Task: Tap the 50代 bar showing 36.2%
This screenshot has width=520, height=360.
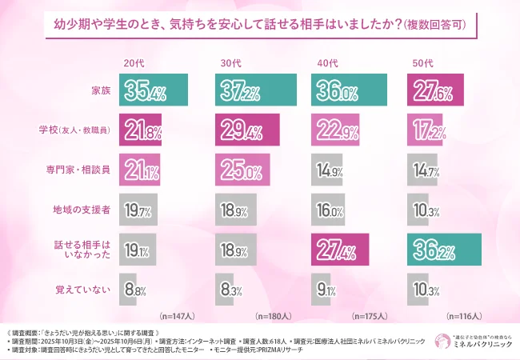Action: point(444,249)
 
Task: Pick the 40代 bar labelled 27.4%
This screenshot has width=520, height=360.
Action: point(339,249)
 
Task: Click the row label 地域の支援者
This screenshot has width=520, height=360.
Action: point(82,209)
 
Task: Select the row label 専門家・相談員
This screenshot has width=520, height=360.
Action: point(77,170)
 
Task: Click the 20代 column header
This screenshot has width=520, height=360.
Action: point(134,62)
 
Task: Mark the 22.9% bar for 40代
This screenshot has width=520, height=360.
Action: point(334,130)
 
